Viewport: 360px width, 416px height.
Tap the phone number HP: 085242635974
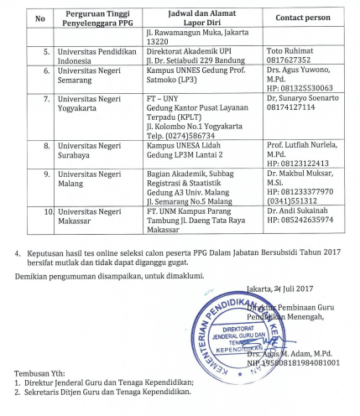pyautogui.click(x=300, y=221)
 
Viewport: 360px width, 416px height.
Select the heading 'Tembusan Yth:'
pyautogui.click(x=41, y=374)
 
